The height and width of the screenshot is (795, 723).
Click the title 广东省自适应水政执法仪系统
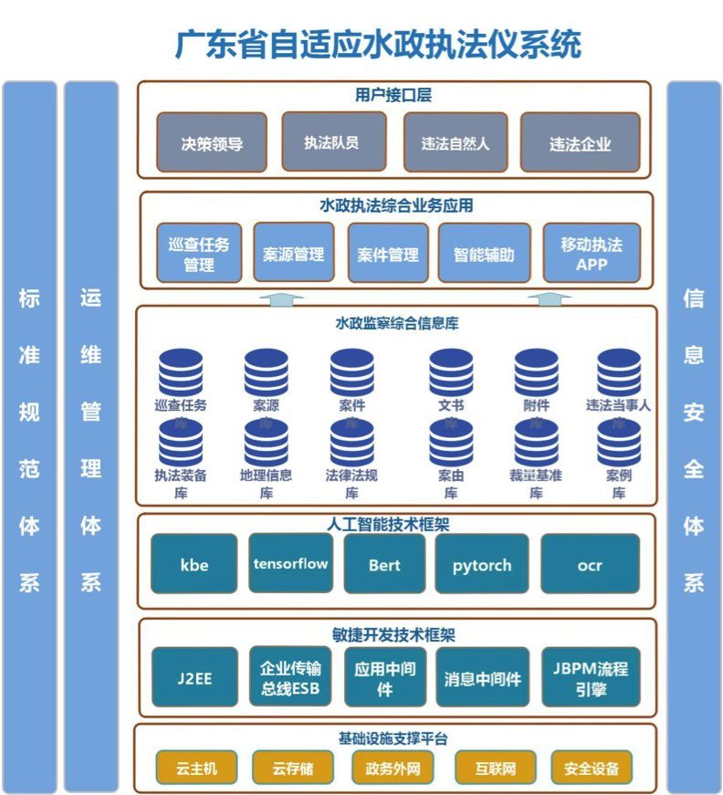pyautogui.click(x=377, y=44)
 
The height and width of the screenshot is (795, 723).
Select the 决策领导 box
pyautogui.click(x=212, y=142)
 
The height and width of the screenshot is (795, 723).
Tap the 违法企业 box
pyautogui.click(x=580, y=142)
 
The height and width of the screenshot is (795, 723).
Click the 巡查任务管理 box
pyautogui.click(x=199, y=253)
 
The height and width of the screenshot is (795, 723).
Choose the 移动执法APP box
pyautogui.click(x=592, y=253)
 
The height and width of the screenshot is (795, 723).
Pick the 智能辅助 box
pyautogui.click(x=484, y=253)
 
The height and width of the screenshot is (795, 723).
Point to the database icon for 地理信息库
pyautogui.click(x=266, y=443)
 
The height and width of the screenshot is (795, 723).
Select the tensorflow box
pyautogui.click(x=290, y=563)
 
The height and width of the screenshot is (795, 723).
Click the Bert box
pyautogui.click(x=384, y=564)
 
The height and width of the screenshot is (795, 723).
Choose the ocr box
pyautogui.click(x=590, y=564)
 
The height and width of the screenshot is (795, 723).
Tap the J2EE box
pyautogui.click(x=194, y=677)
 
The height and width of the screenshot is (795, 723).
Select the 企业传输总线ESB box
pyautogui.click(x=290, y=676)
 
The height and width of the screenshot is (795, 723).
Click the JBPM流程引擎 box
pyautogui.click(x=590, y=677)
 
